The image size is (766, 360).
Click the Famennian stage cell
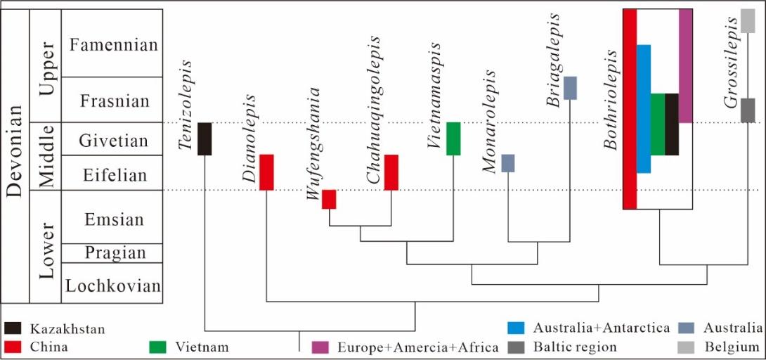pyautogui.click(x=112, y=44)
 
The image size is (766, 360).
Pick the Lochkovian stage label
pyautogui.click(x=112, y=285)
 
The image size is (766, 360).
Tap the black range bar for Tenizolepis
pyautogui.click(x=205, y=139)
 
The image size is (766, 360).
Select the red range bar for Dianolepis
pyautogui.click(x=266, y=172)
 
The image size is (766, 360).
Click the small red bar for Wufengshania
pyautogui.click(x=329, y=199)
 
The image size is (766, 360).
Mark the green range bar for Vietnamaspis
pyautogui.click(x=453, y=139)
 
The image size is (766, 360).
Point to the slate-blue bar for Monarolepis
pyautogui.click(x=508, y=163)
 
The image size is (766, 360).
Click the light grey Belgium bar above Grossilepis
pyautogui.click(x=748, y=21)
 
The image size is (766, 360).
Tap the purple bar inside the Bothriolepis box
pyautogui.click(x=686, y=65)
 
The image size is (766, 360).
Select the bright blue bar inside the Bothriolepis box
pyautogui.click(x=644, y=108)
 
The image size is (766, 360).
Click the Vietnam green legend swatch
pyautogui.click(x=158, y=347)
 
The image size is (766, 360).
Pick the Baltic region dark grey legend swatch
pyautogui.click(x=517, y=347)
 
